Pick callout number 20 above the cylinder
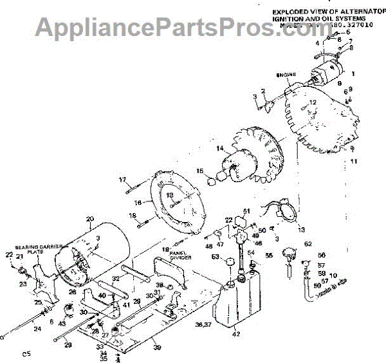point(89,219)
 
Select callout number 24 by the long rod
point(37,328)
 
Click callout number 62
point(308,244)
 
